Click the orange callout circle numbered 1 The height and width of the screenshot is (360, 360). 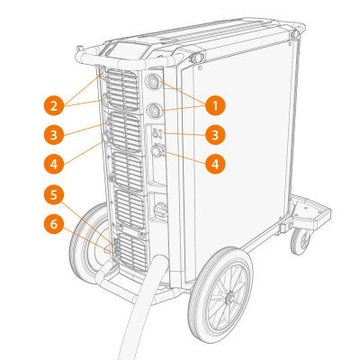click(x=215, y=105)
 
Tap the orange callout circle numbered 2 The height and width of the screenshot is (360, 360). click(x=54, y=105)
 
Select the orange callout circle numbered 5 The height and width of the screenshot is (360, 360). click(x=54, y=195)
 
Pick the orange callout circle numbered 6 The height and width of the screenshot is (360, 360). click(x=54, y=224)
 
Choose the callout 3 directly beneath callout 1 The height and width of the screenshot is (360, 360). click(x=215, y=135)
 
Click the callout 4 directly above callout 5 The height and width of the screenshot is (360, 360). click(x=54, y=164)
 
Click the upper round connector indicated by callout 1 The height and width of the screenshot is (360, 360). click(x=153, y=81)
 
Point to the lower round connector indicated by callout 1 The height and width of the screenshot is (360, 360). click(x=155, y=110)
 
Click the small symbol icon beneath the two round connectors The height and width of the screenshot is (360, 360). click(x=157, y=133)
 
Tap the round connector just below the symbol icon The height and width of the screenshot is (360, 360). click(x=157, y=150)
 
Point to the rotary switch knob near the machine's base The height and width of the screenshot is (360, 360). click(x=159, y=209)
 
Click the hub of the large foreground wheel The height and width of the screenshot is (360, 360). click(x=229, y=297)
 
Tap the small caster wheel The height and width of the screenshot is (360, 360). click(x=301, y=240)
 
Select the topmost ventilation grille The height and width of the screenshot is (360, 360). click(x=122, y=89)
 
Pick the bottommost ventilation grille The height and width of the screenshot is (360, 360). click(x=131, y=253)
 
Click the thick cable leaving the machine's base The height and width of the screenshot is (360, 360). click(x=144, y=306)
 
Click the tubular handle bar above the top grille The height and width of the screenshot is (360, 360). click(x=126, y=60)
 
